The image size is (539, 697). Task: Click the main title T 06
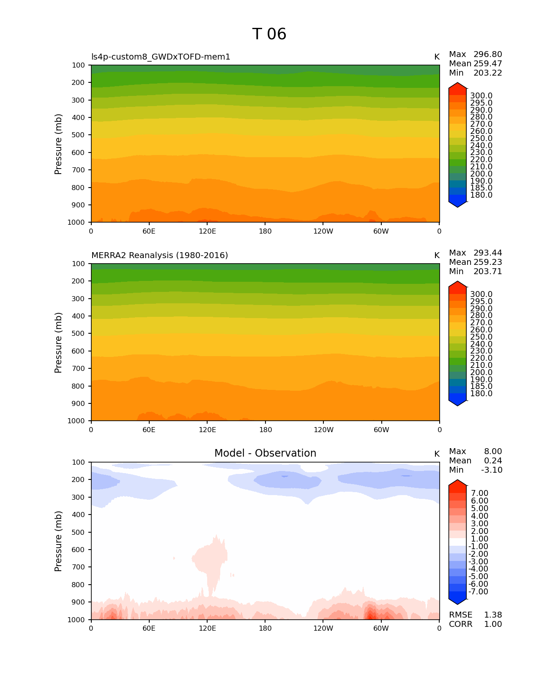[x=269, y=34]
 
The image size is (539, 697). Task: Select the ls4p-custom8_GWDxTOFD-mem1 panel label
[x=161, y=57]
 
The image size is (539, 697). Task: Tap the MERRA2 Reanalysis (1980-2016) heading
[x=159, y=256]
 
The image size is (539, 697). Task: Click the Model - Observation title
[x=265, y=453]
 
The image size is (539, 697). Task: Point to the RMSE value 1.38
[x=493, y=615]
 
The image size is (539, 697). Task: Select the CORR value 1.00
[x=493, y=624]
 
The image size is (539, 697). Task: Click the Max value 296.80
[x=488, y=54]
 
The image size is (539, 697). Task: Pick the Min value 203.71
[x=488, y=272]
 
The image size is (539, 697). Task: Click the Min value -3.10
[x=492, y=470]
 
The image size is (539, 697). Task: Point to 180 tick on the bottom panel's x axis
[x=265, y=629]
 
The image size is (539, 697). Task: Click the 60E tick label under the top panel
[x=149, y=231]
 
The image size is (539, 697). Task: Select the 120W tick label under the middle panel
[x=323, y=430]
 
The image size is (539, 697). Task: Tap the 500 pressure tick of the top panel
[x=78, y=135]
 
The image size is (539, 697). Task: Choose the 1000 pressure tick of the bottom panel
[x=77, y=620]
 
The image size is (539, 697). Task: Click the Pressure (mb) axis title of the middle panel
[x=58, y=343]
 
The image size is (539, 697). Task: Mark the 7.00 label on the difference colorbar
[x=480, y=493]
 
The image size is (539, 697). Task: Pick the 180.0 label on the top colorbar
[x=482, y=195]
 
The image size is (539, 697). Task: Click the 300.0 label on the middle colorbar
[x=482, y=294]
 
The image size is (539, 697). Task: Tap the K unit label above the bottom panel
[x=437, y=454]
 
